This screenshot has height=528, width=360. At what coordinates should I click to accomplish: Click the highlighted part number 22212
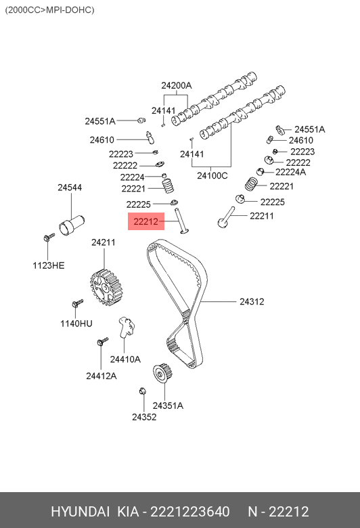point(145,221)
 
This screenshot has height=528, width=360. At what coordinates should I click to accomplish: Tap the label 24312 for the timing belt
point(252,301)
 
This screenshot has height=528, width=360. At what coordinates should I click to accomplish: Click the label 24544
point(70,188)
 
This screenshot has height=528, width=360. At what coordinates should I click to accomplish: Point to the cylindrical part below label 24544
point(72,225)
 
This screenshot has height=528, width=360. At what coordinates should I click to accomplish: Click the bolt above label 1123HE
point(49,237)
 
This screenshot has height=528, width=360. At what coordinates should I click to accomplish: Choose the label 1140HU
point(76,324)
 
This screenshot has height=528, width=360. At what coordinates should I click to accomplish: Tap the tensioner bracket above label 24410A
point(127,327)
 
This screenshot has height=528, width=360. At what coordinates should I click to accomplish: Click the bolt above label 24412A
point(102,341)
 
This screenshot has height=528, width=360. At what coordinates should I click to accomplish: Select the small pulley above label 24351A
point(163,373)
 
